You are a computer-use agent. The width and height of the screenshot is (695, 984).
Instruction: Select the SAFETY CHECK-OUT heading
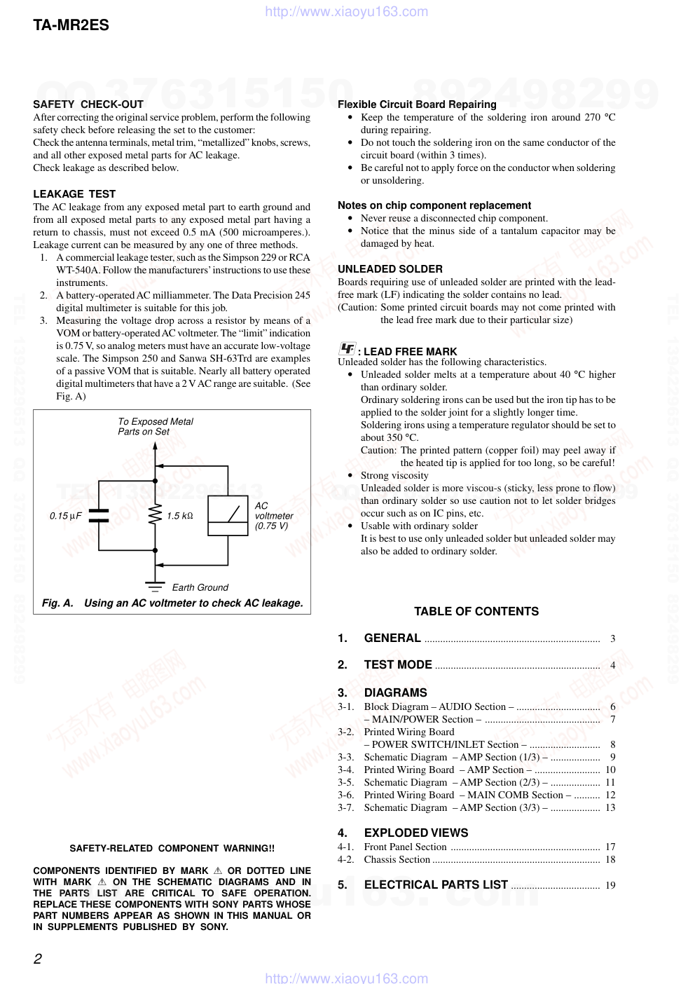(x=88, y=104)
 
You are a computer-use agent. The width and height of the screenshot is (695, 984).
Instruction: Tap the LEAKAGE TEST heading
(x=74, y=194)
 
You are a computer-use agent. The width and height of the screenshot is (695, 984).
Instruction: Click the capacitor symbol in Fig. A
(x=99, y=516)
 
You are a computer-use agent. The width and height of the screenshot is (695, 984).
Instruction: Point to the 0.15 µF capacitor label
(x=65, y=516)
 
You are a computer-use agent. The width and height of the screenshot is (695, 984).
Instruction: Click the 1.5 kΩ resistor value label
(x=180, y=516)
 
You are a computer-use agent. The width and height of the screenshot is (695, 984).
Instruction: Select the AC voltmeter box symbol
(x=228, y=516)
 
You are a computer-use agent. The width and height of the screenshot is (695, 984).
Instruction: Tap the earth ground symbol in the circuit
(x=155, y=586)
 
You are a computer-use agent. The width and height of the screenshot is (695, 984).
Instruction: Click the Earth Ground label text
(x=200, y=587)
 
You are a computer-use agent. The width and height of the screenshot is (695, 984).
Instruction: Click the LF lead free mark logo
(x=347, y=349)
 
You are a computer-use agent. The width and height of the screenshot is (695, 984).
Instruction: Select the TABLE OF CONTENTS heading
(x=476, y=611)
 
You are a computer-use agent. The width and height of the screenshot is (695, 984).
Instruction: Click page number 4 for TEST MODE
(x=612, y=665)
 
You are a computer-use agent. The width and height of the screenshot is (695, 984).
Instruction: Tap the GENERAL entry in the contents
(x=392, y=638)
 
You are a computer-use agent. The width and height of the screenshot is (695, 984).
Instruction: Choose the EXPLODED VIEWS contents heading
(x=416, y=833)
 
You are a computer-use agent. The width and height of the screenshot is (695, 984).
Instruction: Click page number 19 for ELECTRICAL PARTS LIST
(x=610, y=885)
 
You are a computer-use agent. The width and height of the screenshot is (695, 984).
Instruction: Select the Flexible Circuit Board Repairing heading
(x=417, y=104)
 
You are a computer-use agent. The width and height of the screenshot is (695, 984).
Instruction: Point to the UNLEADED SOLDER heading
(x=390, y=269)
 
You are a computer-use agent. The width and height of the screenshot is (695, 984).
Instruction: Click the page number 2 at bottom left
(x=38, y=959)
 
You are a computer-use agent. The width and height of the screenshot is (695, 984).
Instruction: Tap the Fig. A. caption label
(x=57, y=603)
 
